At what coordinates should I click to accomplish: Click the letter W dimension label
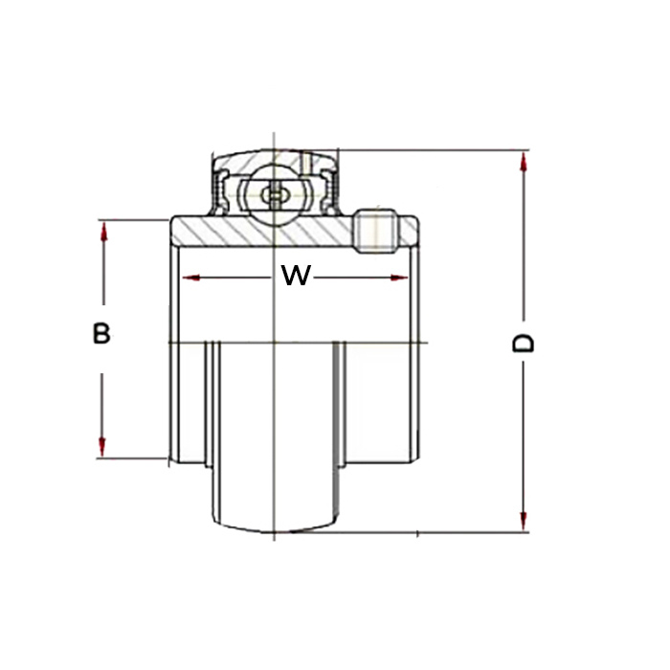coord(296,276)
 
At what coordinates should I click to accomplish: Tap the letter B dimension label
coord(101,333)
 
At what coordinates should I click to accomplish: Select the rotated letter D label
coord(523,343)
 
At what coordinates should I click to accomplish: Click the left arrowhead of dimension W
coord(191,279)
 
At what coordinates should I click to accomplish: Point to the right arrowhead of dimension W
coord(399,279)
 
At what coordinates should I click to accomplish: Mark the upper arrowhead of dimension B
coord(103,231)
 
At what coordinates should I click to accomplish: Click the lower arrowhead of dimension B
coord(101,447)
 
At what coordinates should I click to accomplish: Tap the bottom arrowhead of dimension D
coord(523,521)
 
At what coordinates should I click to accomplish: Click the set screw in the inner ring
coord(376,231)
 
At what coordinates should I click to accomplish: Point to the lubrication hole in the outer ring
coord(307,162)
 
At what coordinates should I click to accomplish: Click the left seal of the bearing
coord(222,192)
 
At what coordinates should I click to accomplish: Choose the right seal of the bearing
coord(329,192)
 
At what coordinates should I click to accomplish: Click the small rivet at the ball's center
coord(275,195)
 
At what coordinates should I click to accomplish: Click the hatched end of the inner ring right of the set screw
coord(407,231)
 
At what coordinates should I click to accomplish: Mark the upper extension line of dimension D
coord(434,150)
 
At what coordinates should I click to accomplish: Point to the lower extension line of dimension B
coord(132,458)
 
